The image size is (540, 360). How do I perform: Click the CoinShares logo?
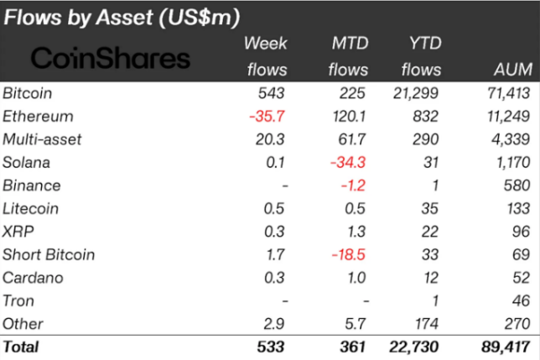coord(110,58)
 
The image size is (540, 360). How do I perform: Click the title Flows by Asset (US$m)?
coord(122,17)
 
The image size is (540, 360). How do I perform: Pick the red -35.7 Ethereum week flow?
coord(267,116)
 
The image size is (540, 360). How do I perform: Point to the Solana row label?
coord(26,162)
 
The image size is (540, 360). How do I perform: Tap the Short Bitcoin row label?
coord(49,254)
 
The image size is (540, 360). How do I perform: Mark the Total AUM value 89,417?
coord(503,346)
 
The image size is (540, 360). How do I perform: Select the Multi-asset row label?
coord(42,139)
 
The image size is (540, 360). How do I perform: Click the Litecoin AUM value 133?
coord(516,208)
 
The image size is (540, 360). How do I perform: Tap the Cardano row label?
coord(30,278)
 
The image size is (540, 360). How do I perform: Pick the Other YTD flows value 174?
coord(427,323)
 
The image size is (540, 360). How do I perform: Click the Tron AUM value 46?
coord(520,300)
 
